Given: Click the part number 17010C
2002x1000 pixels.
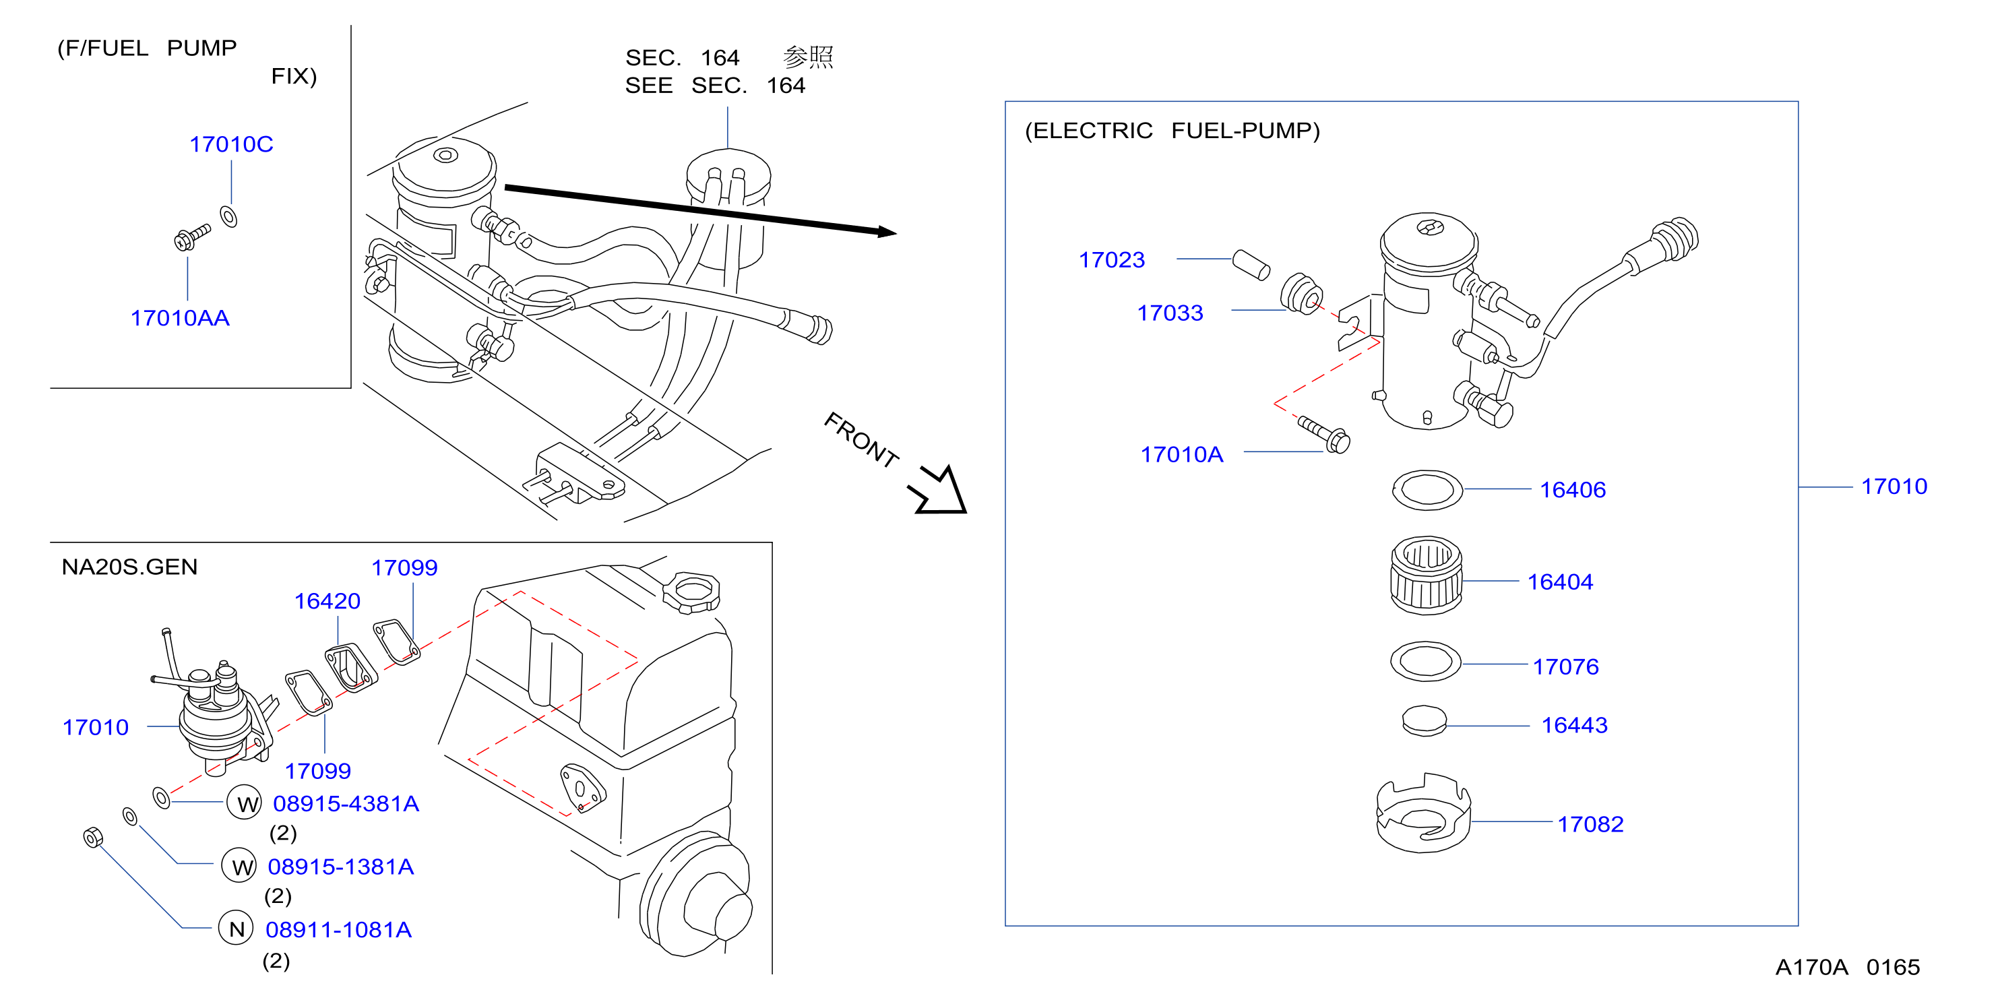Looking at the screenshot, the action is [231, 144].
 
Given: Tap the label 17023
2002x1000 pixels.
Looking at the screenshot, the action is [1111, 260].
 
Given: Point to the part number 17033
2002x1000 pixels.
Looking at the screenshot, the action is [1170, 313].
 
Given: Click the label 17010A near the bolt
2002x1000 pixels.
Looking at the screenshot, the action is [1181, 456].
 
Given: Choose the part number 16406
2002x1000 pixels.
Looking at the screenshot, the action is [1572, 491].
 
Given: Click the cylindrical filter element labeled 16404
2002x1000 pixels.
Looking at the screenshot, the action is [1426, 575].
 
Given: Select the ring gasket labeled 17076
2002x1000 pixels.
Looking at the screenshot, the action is [1425, 662].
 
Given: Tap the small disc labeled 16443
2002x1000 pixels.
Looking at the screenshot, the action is [1425, 721].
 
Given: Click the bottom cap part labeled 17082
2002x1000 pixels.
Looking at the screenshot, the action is [1423, 813].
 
